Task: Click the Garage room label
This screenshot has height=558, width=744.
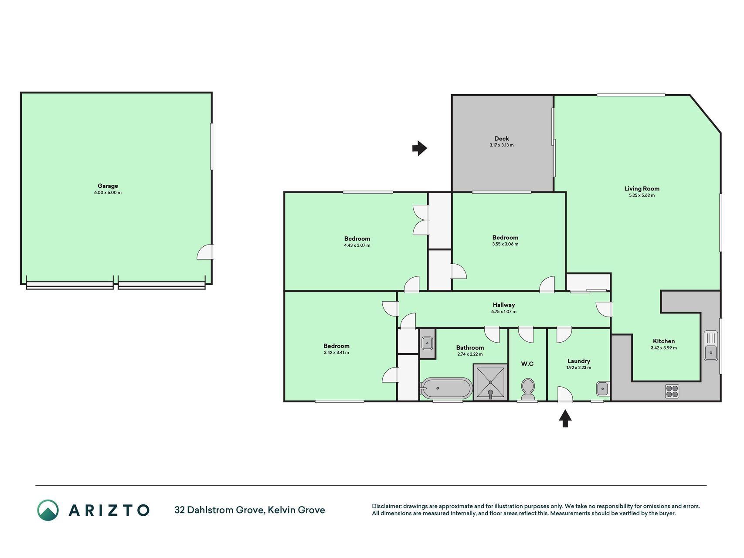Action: coord(108,186)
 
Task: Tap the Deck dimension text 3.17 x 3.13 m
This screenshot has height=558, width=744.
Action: coord(501,145)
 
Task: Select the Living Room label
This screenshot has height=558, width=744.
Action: coord(642,189)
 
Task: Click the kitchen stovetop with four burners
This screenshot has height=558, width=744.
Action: coord(672,391)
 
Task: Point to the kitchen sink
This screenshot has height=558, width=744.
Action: coord(711,346)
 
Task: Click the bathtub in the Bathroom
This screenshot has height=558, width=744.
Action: coord(446,388)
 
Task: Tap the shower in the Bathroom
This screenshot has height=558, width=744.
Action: coord(490,382)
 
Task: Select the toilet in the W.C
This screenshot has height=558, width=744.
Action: coord(527,389)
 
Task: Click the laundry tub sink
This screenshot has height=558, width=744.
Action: coord(603,388)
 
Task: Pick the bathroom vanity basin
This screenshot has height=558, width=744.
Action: coord(427,343)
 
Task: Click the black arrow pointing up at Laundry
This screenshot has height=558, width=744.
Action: coord(565,418)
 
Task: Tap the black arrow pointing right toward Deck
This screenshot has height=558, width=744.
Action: coord(420,148)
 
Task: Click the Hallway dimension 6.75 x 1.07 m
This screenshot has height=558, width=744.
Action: coord(503,312)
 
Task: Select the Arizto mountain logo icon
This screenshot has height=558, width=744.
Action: coord(48,510)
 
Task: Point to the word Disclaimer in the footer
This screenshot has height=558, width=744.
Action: coord(386,506)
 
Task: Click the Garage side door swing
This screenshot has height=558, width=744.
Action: coord(205,252)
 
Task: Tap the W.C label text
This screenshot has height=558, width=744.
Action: coord(527,364)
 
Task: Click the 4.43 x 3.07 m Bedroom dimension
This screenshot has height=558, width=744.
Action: coord(357,245)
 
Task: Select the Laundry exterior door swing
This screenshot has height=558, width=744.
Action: coord(565,394)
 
